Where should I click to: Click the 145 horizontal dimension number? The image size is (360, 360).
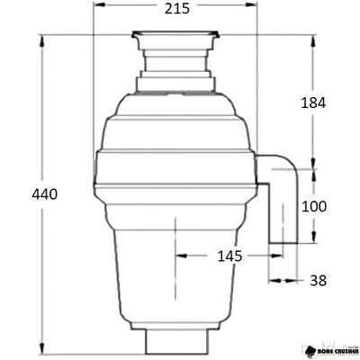[230, 256]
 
